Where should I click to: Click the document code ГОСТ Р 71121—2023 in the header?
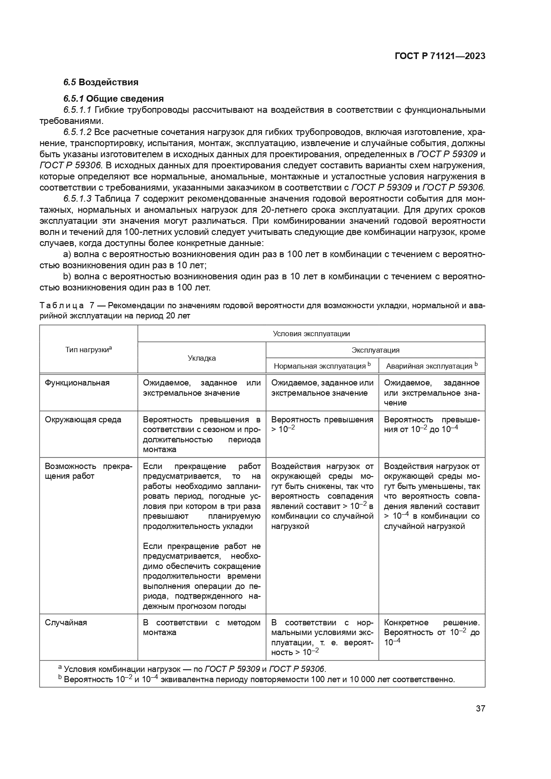[440, 56]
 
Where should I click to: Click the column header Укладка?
[202, 358]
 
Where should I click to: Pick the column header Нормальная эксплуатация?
[322, 366]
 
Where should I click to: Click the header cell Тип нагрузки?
[88, 350]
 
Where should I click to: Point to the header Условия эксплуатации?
[311, 334]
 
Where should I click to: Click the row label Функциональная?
[77, 383]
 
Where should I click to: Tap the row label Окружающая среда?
[83, 420]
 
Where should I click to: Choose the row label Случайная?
[66, 622]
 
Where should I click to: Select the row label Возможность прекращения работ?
[88, 471]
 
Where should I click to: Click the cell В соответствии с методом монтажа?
[202, 627]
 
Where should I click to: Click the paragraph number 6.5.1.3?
[77, 199]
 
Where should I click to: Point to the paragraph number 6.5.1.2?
[77, 132]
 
